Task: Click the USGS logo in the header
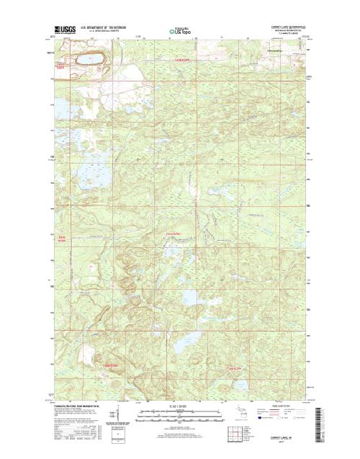[64, 30]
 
